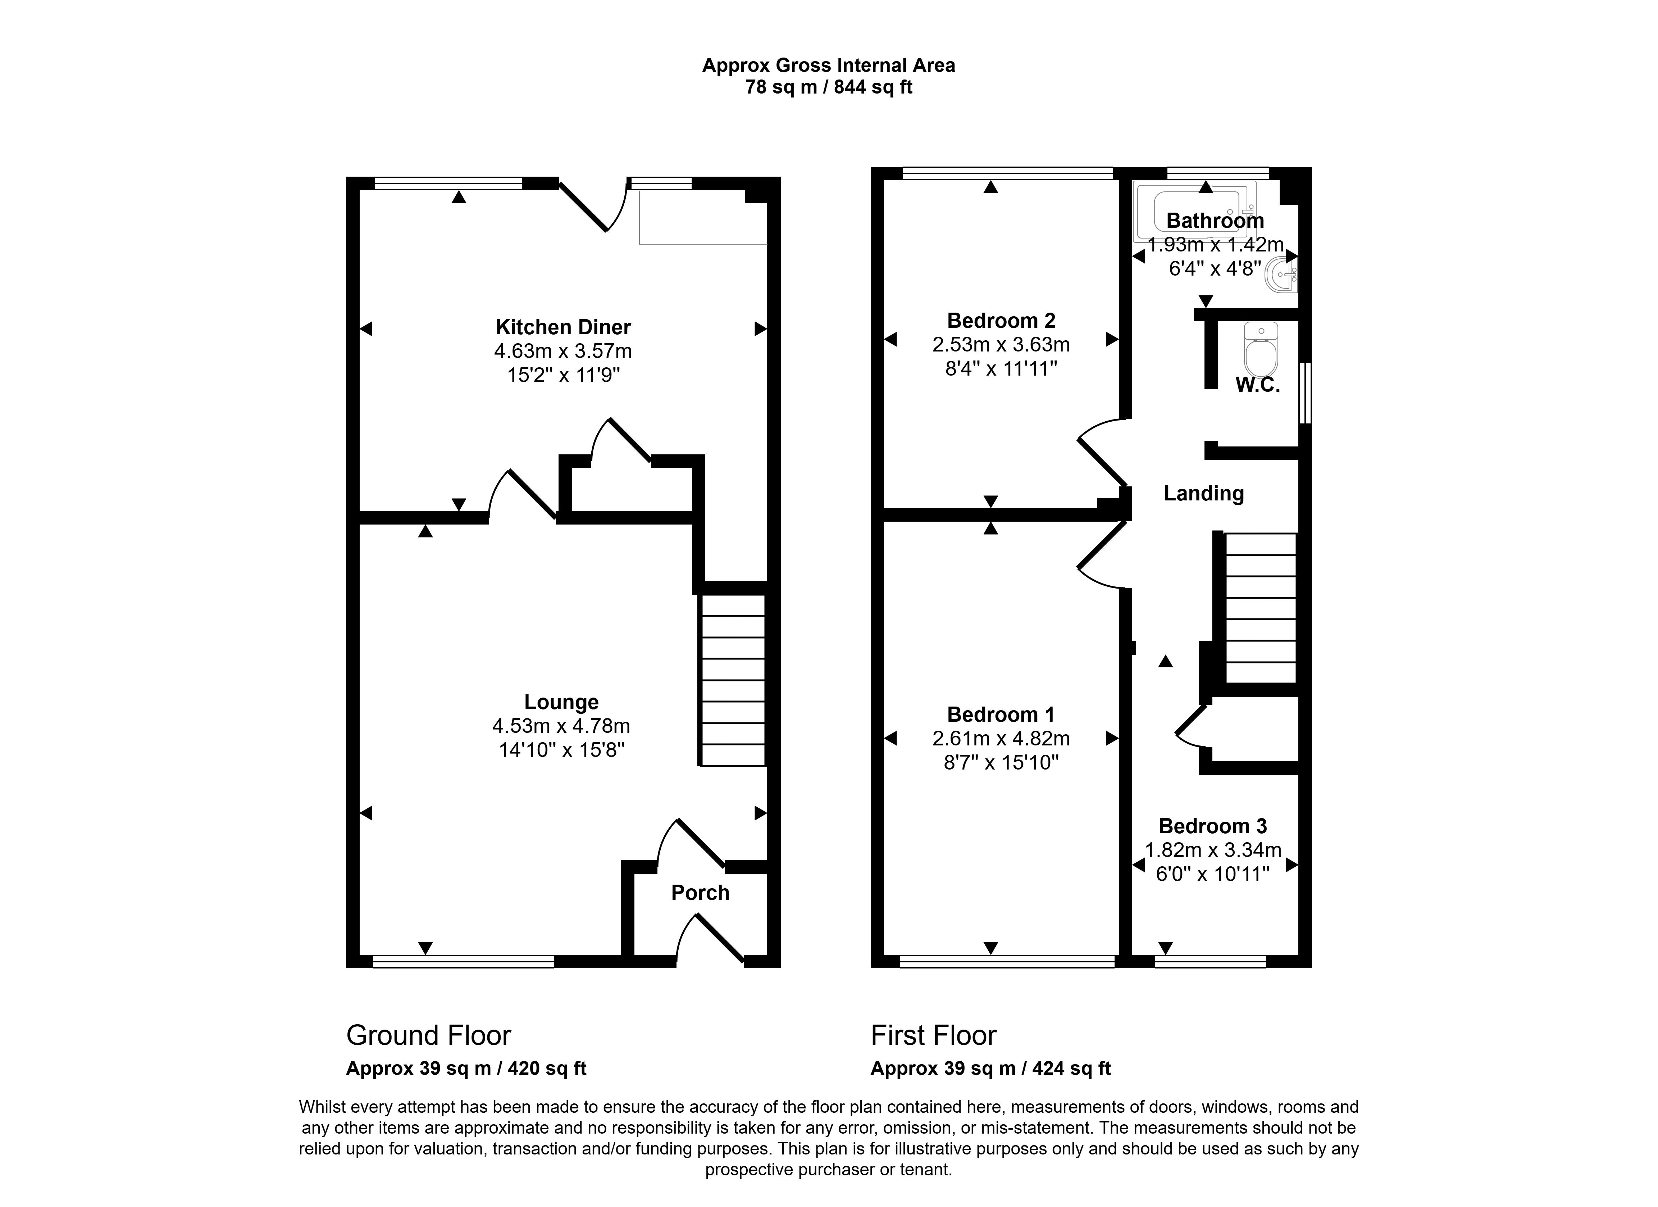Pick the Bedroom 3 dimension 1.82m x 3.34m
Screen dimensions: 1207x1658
[x=1213, y=850]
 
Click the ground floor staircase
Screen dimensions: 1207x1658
[x=733, y=680]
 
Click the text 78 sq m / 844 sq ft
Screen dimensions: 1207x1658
[x=828, y=88]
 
